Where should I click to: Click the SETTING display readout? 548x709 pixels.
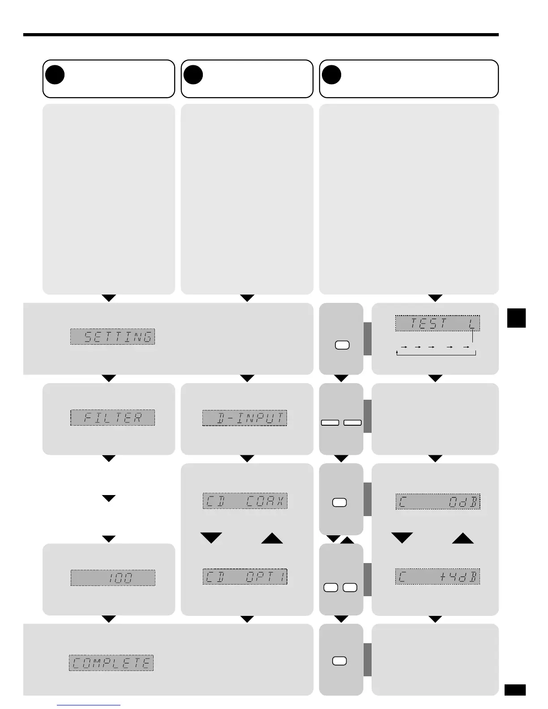tap(112, 337)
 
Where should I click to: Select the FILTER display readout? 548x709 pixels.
tap(112, 418)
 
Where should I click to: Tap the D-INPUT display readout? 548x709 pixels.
tap(244, 418)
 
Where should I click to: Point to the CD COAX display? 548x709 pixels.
tap(245, 501)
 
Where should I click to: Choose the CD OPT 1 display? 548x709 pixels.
tap(245, 577)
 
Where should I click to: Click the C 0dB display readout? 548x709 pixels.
tap(437, 502)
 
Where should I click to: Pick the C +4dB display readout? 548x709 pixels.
tap(437, 577)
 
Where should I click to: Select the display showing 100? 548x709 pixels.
tap(113, 578)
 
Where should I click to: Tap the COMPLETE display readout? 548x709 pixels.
tap(111, 662)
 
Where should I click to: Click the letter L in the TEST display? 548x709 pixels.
tap(472, 323)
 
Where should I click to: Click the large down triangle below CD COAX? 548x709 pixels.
tap(211, 538)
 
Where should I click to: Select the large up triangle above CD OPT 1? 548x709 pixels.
tap(272, 538)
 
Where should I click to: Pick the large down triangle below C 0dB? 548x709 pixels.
tap(402, 538)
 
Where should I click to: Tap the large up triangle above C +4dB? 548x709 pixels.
tap(462, 538)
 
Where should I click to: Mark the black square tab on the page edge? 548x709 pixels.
tap(517, 318)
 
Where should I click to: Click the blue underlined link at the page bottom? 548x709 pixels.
tap(89, 705)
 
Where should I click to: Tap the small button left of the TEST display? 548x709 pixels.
tap(342, 345)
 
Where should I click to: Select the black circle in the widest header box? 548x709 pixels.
tap(332, 75)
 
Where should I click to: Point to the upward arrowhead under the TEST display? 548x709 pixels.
tap(397, 352)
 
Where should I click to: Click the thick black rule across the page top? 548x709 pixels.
tap(261, 34)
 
